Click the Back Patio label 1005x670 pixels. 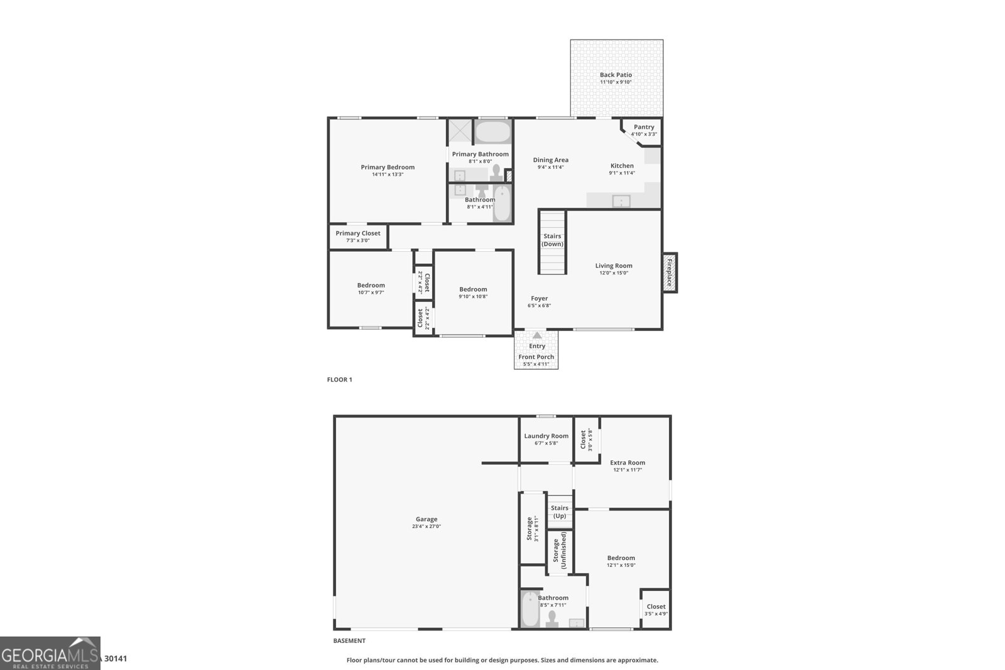point(616,75)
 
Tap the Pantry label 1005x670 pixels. point(644,127)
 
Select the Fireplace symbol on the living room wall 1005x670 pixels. point(670,273)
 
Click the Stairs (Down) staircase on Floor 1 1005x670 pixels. point(552,242)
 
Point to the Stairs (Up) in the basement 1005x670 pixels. point(559,511)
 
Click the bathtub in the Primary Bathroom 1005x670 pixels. point(492,132)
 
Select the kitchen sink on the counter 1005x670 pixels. point(621,201)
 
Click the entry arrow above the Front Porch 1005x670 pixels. point(537,335)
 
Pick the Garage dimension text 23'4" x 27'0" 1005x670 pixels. point(426,527)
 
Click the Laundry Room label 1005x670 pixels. point(546,436)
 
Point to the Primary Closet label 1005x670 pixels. point(358,234)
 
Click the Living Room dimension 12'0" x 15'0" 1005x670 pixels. point(614,273)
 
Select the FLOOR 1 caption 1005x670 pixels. point(340,379)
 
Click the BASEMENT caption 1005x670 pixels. point(349,641)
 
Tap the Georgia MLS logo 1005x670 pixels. point(50,653)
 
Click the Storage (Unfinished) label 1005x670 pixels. point(559,551)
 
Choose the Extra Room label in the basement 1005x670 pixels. point(627,463)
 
